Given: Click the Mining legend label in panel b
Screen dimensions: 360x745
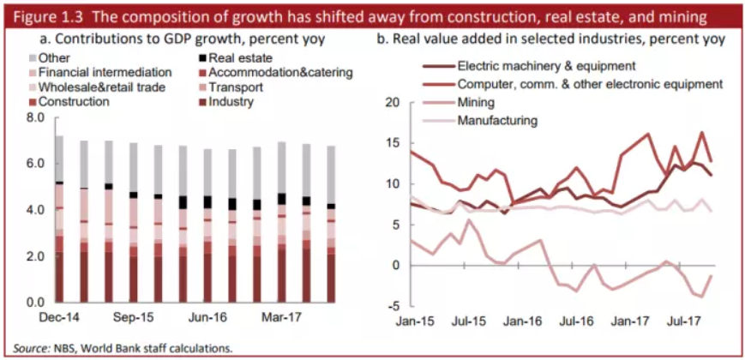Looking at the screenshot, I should tap(476, 102).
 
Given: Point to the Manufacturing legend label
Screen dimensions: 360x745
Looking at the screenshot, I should tap(497, 120).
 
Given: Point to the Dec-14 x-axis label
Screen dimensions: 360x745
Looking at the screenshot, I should tap(59, 317).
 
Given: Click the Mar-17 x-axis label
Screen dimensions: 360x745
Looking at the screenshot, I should tap(280, 317).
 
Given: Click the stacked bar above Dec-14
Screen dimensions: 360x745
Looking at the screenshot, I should tap(59, 219).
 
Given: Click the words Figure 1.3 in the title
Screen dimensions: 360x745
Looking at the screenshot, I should tap(44, 15).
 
